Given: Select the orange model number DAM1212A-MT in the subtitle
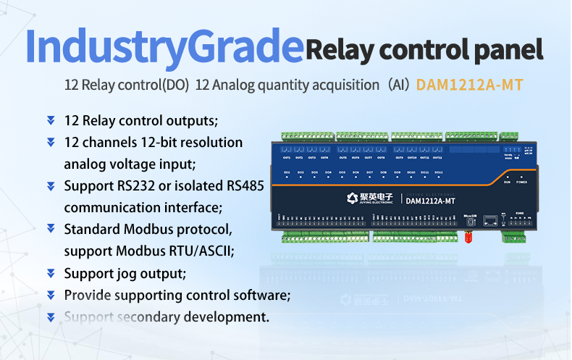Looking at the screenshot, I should point(469,85).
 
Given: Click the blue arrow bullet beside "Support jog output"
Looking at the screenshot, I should point(51,274).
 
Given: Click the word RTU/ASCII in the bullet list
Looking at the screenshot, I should point(198,251).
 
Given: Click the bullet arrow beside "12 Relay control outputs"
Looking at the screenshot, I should point(51,120).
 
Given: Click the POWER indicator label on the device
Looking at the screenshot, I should point(521,183).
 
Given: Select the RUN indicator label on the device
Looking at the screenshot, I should point(507,183).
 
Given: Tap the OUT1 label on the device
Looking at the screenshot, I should point(287,157).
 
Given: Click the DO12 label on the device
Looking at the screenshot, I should point(437,172).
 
